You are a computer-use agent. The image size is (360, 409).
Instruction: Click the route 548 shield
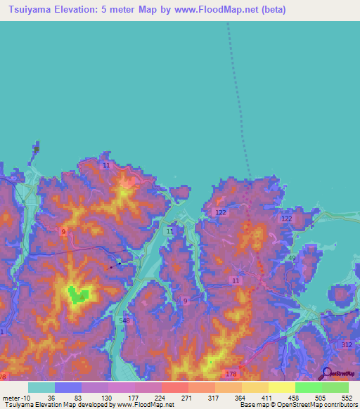(x=125, y=320)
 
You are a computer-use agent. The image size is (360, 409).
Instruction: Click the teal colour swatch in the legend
(x=41, y=387)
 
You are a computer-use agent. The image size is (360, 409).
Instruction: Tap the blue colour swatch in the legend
(x=68, y=387)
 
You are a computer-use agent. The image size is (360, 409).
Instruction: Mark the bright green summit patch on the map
(x=79, y=295)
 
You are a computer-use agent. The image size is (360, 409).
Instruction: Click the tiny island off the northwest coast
(x=36, y=149)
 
